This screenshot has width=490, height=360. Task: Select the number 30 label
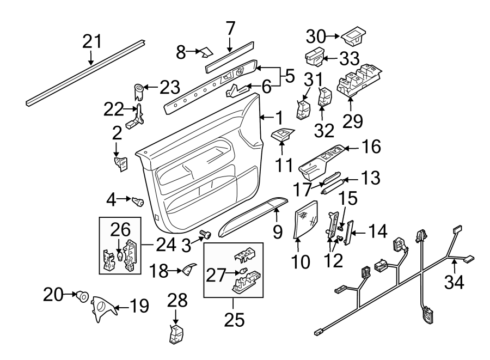click(x=314, y=37)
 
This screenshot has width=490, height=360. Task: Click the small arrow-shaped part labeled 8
click(x=206, y=53)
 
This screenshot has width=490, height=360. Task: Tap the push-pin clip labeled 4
click(x=138, y=203)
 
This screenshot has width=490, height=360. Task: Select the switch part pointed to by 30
click(x=353, y=37)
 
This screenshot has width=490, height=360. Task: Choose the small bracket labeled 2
click(x=120, y=163)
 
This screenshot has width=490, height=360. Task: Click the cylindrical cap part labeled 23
click(x=139, y=87)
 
